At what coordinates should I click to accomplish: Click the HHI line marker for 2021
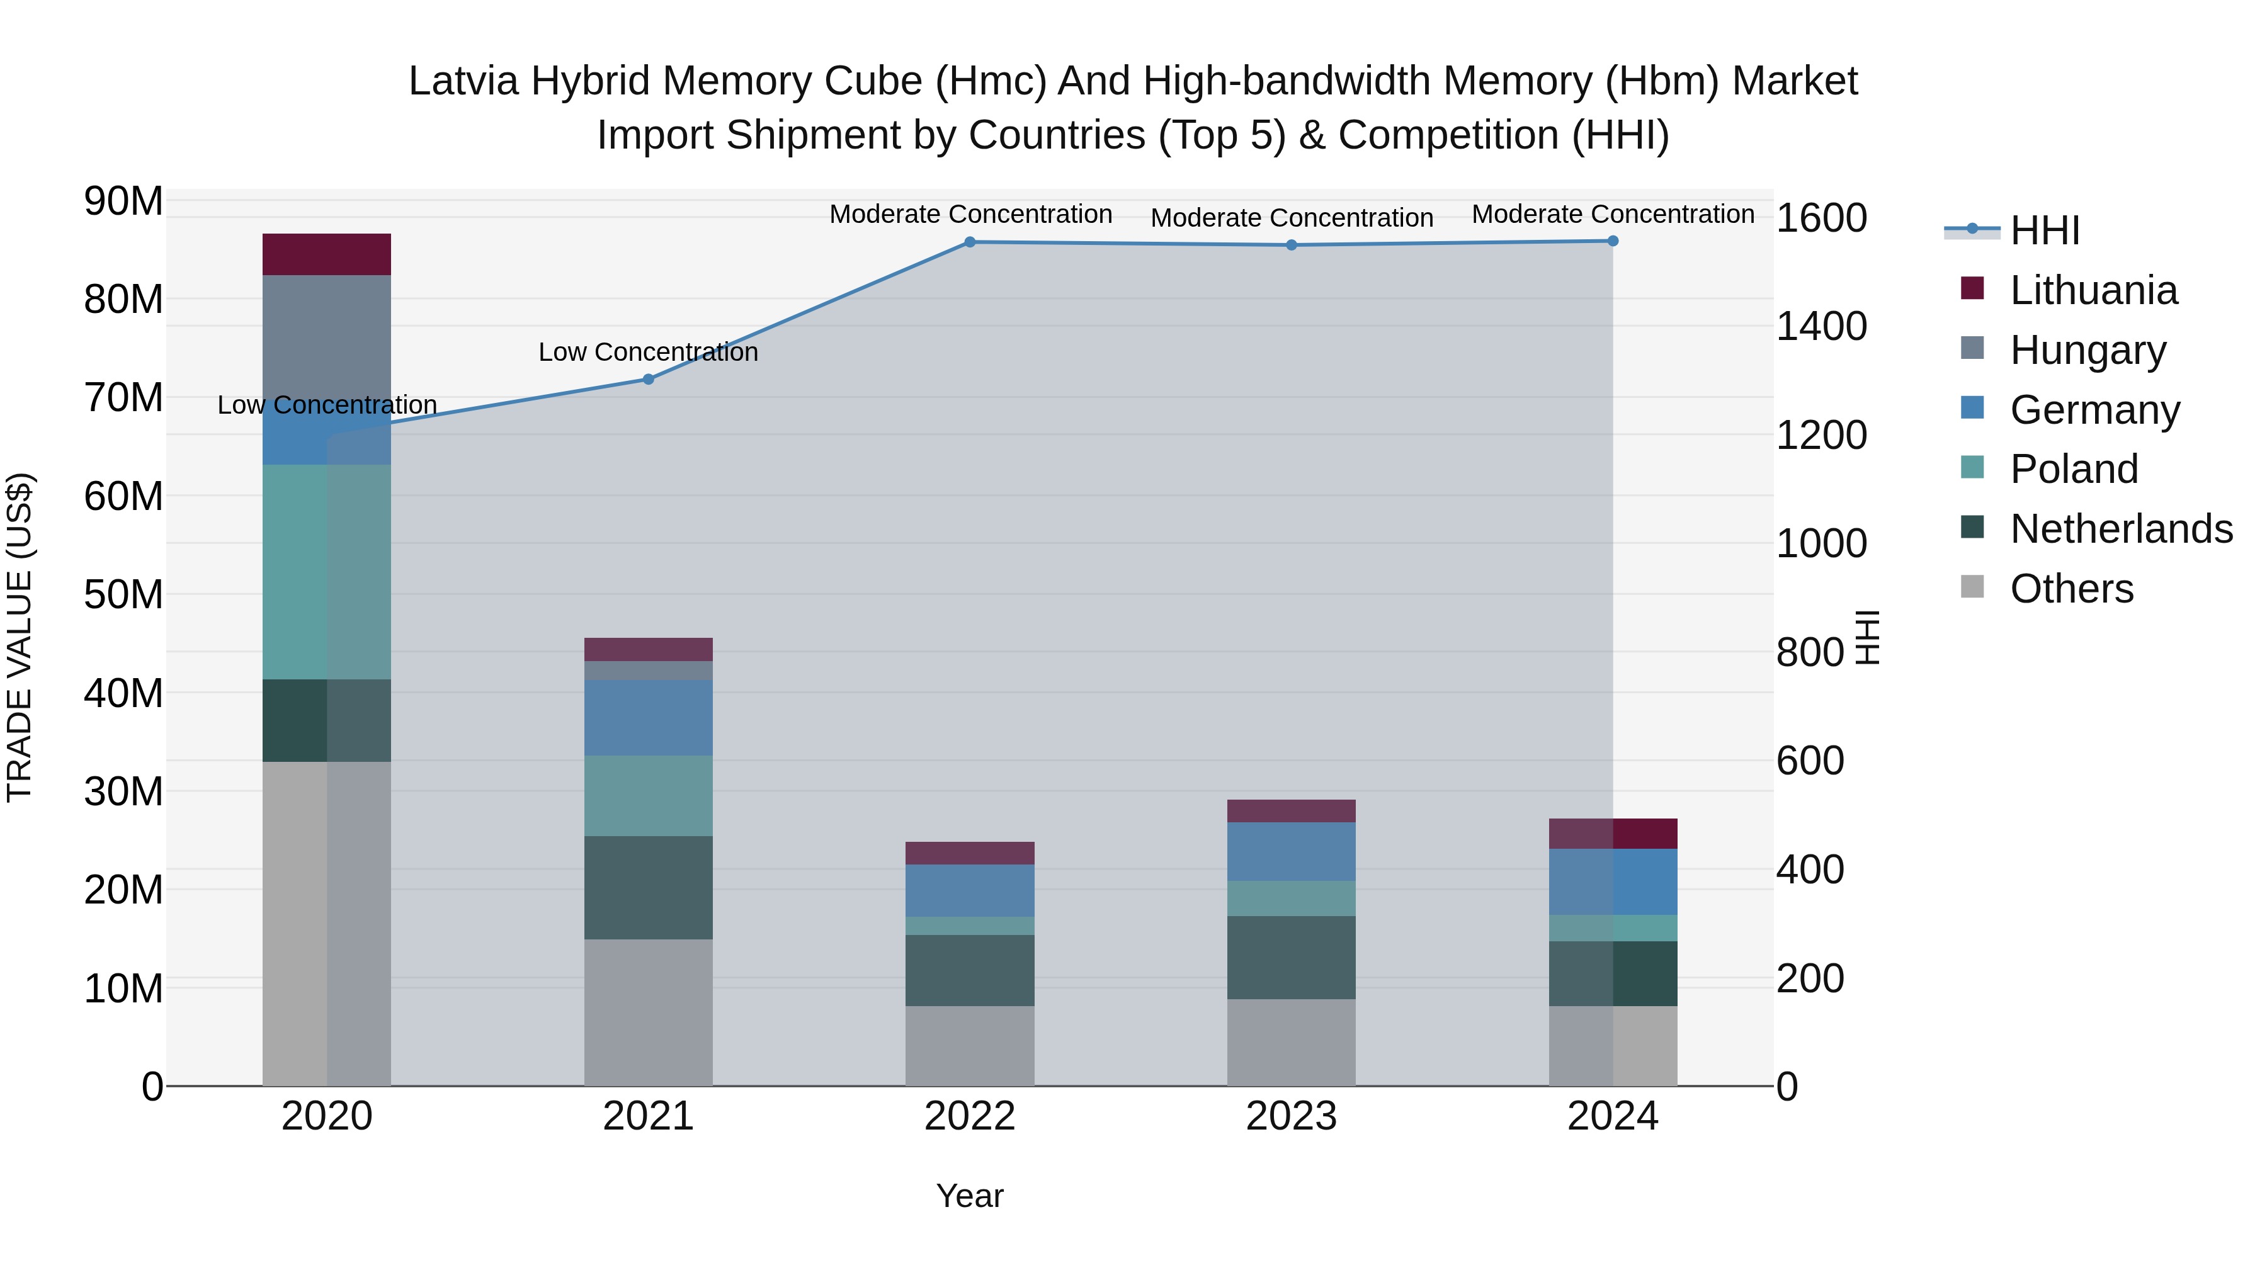(x=648, y=379)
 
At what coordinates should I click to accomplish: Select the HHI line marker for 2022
(x=970, y=242)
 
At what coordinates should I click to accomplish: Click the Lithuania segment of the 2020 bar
(x=326, y=254)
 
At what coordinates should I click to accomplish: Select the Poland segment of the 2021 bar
(x=648, y=795)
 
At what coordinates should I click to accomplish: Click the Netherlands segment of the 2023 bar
(x=1291, y=957)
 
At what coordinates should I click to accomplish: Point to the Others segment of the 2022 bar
(x=970, y=1045)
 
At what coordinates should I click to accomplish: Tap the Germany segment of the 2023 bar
(x=1291, y=852)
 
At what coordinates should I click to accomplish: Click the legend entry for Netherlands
(x=2121, y=529)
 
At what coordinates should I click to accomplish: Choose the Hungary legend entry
(x=2088, y=350)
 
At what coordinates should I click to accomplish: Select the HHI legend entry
(x=2044, y=230)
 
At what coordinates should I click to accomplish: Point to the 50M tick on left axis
(x=123, y=595)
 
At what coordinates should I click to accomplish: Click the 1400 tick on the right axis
(x=1821, y=326)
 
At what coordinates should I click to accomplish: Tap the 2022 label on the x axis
(x=970, y=1116)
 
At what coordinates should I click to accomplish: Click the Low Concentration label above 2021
(x=648, y=352)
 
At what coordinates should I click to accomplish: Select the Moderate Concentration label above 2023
(x=1291, y=217)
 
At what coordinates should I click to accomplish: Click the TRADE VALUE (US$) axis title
(x=20, y=637)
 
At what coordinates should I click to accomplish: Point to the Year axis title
(x=970, y=1196)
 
